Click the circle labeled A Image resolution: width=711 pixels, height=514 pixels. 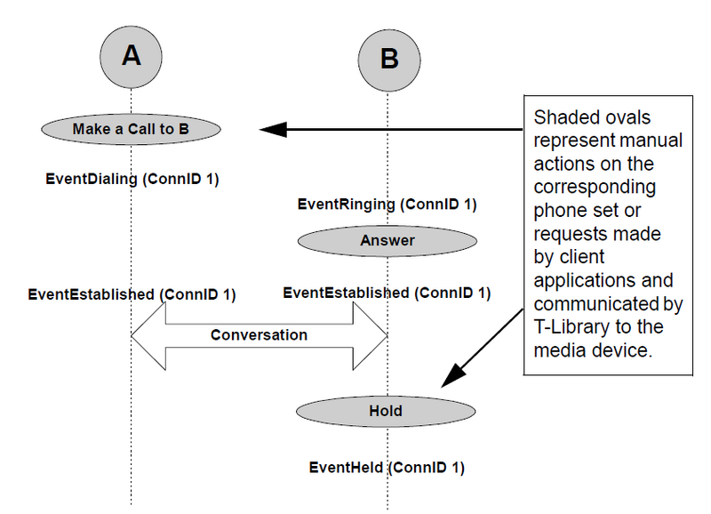point(131,57)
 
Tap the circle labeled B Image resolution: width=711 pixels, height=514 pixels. point(389,60)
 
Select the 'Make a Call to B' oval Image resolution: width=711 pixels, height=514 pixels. point(131,129)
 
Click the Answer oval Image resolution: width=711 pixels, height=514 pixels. point(387,241)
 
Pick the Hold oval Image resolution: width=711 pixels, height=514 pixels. point(386,412)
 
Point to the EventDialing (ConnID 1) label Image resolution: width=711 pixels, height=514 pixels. point(132,180)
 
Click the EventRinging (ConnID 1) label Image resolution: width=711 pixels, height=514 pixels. point(387,205)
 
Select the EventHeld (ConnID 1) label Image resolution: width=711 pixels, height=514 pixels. point(387,468)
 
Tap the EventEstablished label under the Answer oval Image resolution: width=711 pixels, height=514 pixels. point(387,293)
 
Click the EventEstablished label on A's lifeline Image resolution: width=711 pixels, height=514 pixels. point(132,295)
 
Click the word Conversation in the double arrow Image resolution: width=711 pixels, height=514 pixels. point(259,335)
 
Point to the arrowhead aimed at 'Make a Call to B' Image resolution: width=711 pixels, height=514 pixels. point(273,129)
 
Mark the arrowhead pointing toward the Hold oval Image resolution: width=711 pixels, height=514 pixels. point(453,375)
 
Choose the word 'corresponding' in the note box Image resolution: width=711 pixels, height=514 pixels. point(595,188)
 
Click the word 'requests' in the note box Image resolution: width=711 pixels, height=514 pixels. point(568,235)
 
